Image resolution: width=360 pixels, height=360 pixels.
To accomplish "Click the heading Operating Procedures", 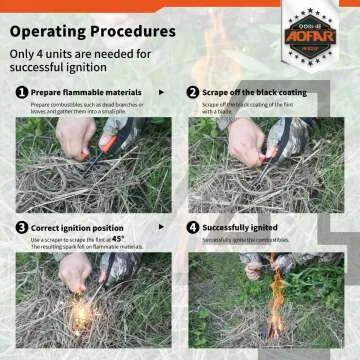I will (x=96, y=31).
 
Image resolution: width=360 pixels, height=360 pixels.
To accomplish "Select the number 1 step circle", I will (x=21, y=92).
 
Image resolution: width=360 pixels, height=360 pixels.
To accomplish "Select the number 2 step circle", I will (x=192, y=92).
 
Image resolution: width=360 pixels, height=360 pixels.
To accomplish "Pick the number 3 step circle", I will (x=21, y=227).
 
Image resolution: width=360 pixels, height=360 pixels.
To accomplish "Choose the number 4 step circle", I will (x=192, y=227).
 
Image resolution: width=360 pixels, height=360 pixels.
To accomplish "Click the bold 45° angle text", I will (x=146, y=238).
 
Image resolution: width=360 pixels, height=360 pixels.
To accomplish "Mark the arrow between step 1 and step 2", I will (x=171, y=92).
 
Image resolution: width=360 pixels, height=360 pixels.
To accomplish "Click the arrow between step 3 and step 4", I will (x=171, y=227).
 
